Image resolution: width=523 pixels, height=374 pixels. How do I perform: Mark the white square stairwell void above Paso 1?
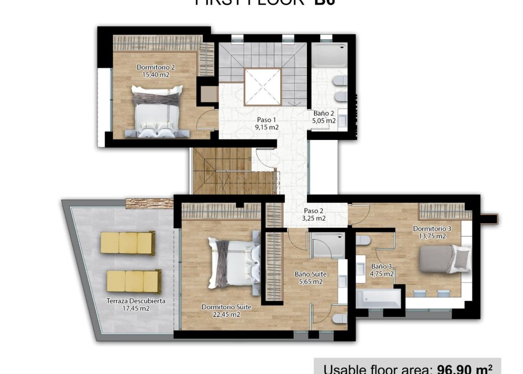point(262,86)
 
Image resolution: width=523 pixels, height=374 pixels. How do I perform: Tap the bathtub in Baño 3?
point(378,299)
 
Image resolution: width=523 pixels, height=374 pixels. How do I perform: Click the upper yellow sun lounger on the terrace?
point(128,243)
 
